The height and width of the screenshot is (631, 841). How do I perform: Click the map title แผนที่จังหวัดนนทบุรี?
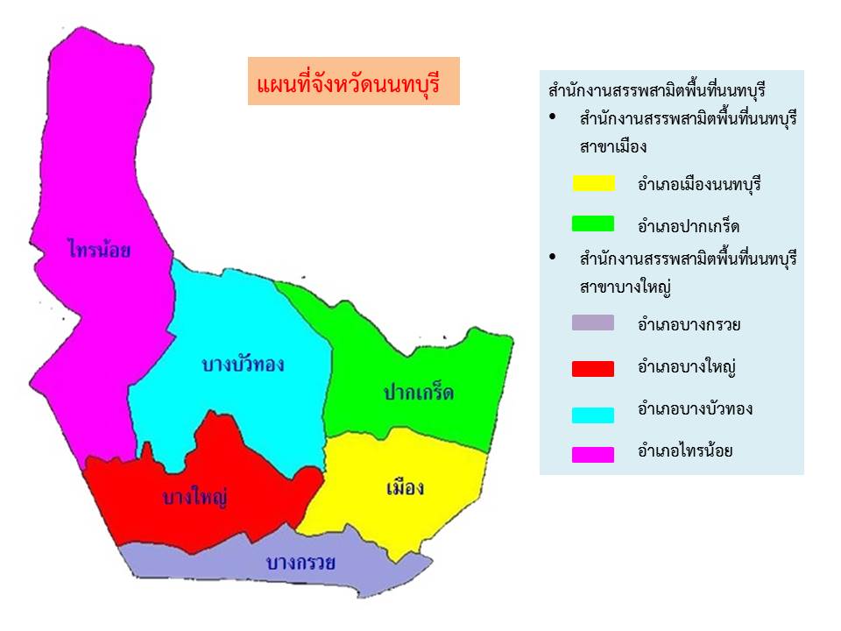pos(349,84)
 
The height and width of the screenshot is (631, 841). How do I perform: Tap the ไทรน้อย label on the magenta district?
pos(100,248)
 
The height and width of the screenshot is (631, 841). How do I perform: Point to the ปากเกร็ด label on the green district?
pos(419,392)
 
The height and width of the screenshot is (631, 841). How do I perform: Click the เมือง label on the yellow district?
pos(406,487)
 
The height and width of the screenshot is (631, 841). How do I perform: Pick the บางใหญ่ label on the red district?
pos(195,497)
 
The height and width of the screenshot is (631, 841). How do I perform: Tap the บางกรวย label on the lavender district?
pos(300,563)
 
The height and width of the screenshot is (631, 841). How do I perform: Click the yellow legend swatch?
pos(593,183)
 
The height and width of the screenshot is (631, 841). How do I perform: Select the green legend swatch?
pos(593,223)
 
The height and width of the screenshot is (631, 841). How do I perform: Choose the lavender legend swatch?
pos(593,323)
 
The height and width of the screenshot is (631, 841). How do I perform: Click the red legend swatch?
pos(593,369)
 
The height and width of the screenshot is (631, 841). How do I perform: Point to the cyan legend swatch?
pos(593,415)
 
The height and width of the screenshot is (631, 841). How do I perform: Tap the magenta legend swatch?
pos(593,455)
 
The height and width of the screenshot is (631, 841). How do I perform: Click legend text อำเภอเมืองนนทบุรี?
pos(699,184)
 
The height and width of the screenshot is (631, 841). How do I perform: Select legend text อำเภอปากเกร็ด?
pos(689,225)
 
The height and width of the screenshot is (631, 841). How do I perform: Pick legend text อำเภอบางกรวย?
pos(689,324)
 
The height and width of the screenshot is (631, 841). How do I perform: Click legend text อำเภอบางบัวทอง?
pos(695,409)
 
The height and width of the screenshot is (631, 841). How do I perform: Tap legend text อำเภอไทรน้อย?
pos(685,450)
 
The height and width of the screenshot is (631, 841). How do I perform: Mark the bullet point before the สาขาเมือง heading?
pos(553,117)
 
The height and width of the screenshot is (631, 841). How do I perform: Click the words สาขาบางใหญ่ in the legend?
pos(625,287)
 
